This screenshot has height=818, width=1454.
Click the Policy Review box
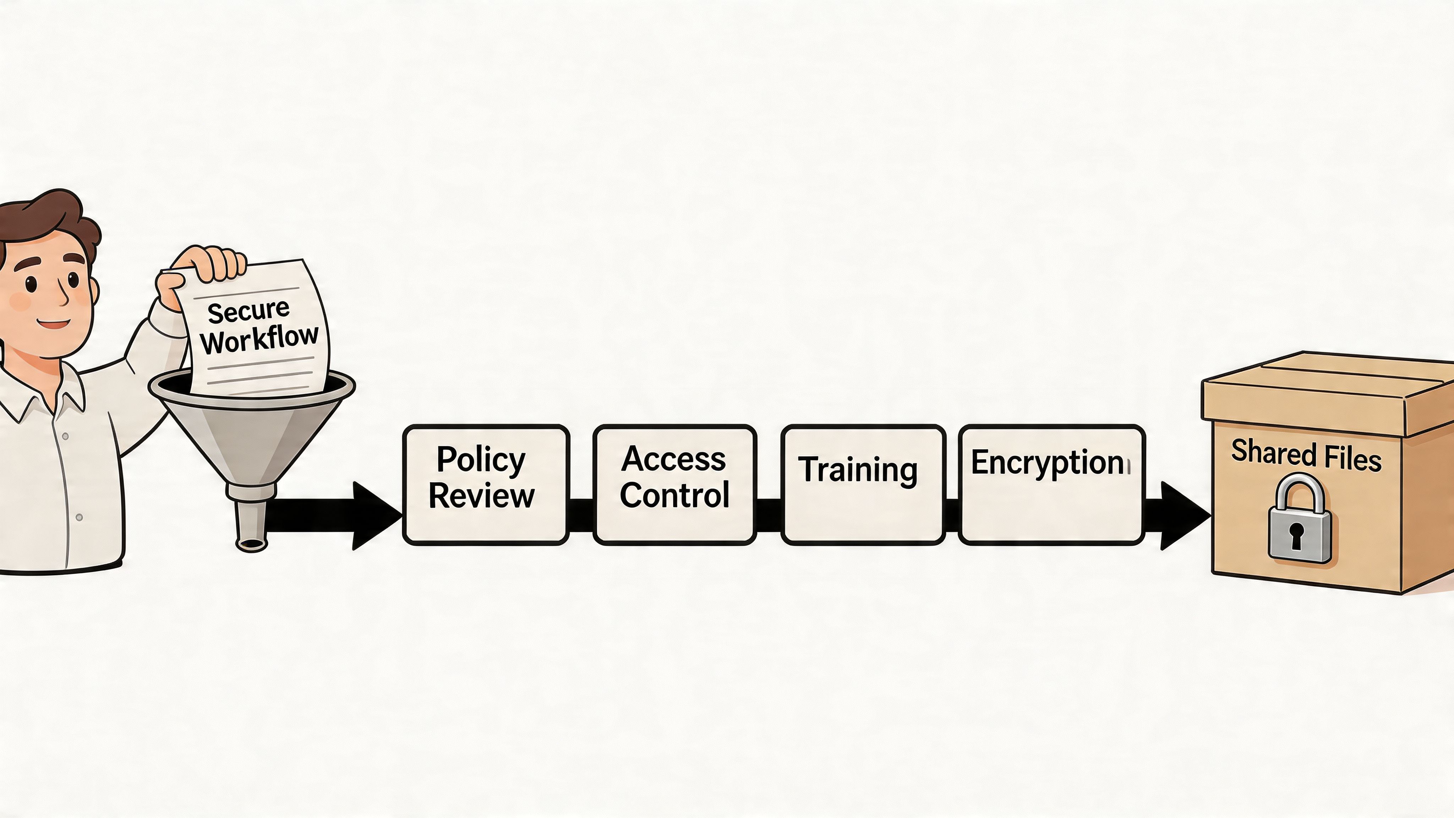click(485, 484)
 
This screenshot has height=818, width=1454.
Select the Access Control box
click(674, 484)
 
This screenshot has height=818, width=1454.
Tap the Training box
click(863, 484)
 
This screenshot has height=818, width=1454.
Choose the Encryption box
click(1051, 484)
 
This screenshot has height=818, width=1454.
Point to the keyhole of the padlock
click(1296, 534)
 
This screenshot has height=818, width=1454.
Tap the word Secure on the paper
click(248, 311)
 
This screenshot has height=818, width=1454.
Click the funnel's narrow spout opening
click(251, 544)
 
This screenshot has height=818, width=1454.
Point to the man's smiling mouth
click(55, 325)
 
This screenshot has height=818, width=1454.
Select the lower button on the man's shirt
click(79, 517)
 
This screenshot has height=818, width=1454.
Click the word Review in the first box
click(481, 496)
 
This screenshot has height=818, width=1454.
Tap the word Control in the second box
click(674, 495)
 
